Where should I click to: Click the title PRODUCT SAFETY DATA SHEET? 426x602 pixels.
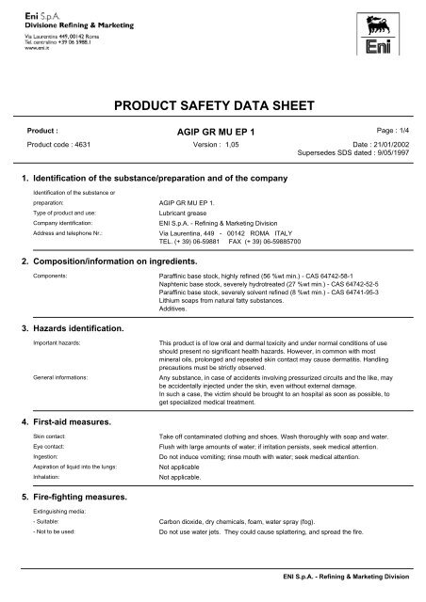click(x=213, y=106)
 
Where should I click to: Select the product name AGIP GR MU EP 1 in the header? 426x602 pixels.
click(x=213, y=134)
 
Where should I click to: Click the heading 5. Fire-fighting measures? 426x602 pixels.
click(x=78, y=494)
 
